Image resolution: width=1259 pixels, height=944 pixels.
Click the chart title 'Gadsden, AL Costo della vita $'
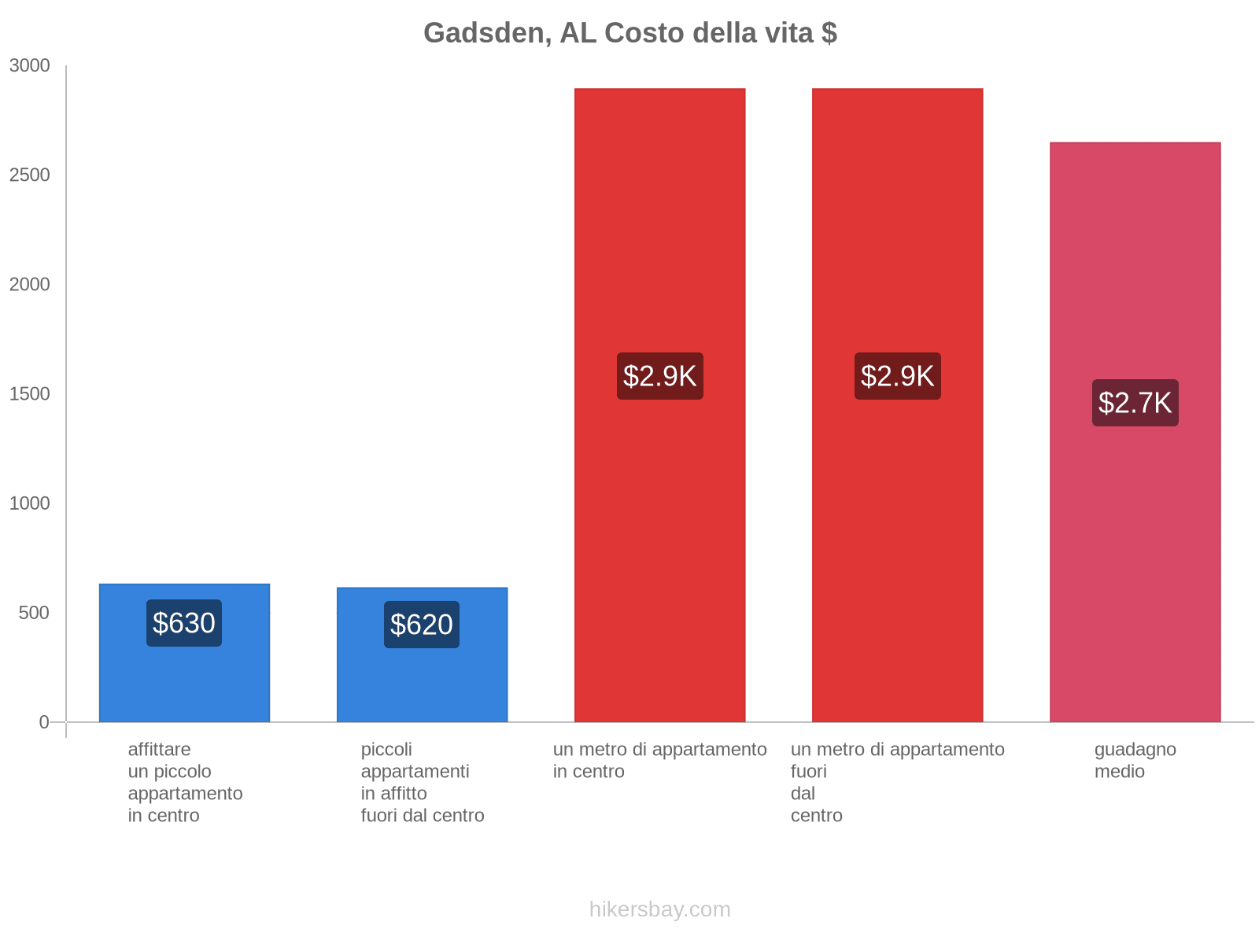click(x=629, y=33)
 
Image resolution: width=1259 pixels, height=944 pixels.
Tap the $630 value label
click(x=184, y=623)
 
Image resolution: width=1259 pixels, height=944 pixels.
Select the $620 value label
click(x=422, y=625)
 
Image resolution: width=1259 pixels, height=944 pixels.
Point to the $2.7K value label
click(x=1135, y=403)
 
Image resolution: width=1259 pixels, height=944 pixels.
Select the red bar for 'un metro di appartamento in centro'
click(x=659, y=236)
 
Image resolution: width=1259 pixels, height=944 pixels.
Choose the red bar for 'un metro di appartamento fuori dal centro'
click(x=897, y=236)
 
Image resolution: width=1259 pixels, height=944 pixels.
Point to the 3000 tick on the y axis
click(x=30, y=66)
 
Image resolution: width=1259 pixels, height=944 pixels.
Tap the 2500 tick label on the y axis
click(x=30, y=175)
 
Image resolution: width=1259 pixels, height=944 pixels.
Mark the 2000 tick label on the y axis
click(x=30, y=285)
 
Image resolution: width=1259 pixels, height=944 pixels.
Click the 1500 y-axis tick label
click(x=30, y=394)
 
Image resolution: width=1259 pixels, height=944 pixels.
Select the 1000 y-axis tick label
click(x=30, y=503)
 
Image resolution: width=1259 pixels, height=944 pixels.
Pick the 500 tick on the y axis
click(x=35, y=613)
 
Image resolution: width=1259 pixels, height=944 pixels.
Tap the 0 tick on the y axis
click(x=44, y=722)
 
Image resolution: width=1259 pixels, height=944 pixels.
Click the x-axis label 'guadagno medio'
click(x=1135, y=761)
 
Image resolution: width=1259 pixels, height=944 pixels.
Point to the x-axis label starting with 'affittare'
click(x=185, y=782)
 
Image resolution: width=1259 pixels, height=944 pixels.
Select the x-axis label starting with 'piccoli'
click(x=423, y=782)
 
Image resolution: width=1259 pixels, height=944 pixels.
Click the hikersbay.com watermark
click(x=659, y=909)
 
